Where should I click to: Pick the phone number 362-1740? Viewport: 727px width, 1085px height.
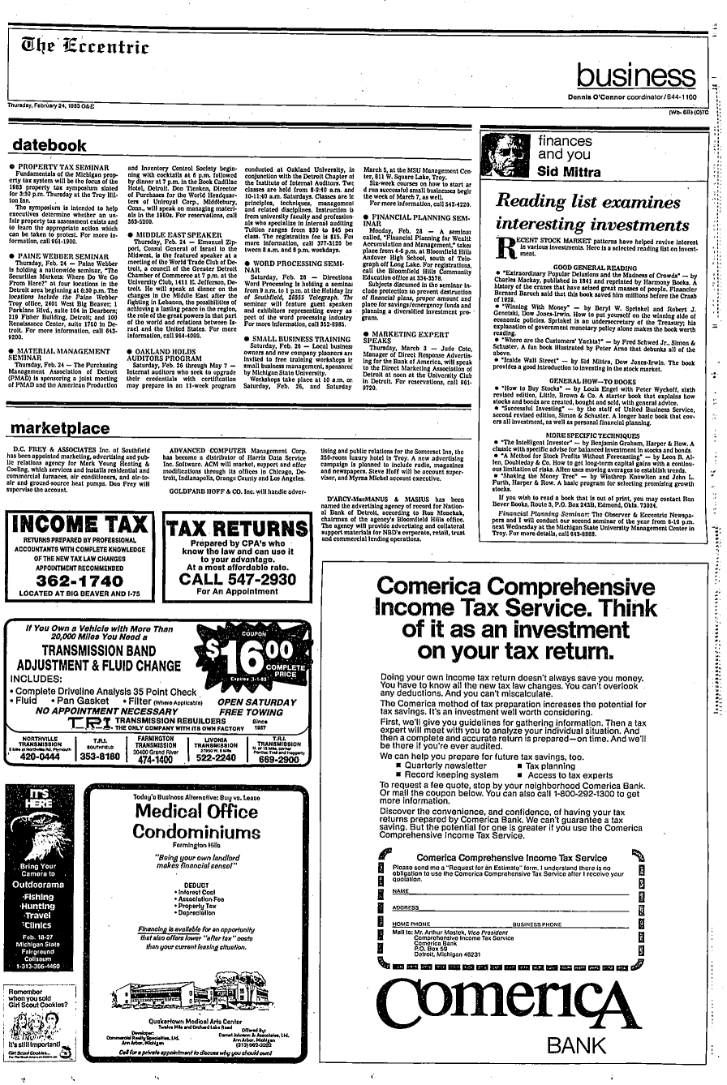(x=79, y=581)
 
